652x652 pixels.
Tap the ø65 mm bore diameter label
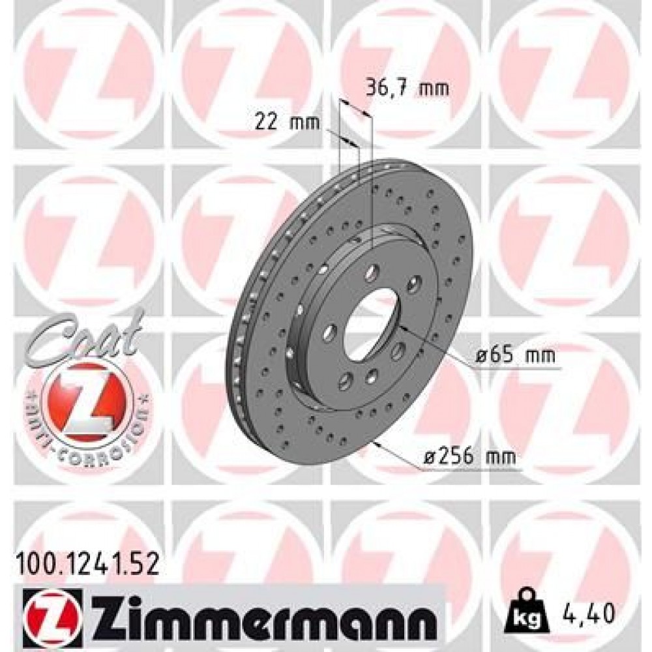coord(515,357)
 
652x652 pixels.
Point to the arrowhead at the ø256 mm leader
coord(376,444)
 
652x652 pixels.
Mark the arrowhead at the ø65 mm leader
coord(400,325)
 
